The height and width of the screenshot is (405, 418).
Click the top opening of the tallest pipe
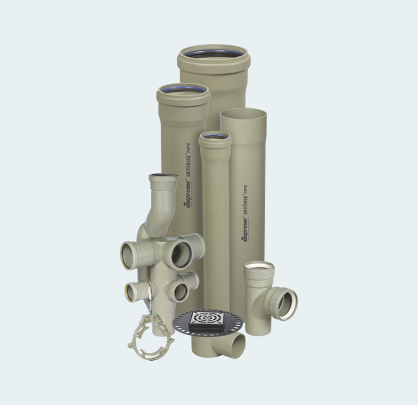pyautogui.click(x=214, y=53)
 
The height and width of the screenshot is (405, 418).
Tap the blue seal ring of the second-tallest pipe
pyautogui.click(x=183, y=89)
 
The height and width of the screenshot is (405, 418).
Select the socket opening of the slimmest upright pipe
pyautogui.click(x=215, y=137)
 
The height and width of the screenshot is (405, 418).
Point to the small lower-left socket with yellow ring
pyautogui.click(x=131, y=292)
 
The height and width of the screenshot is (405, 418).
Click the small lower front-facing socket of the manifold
pyautogui.click(x=181, y=292)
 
